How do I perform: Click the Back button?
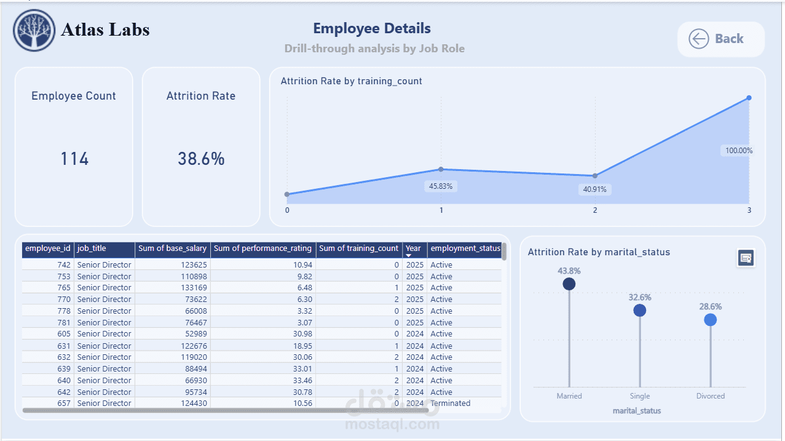point(721,39)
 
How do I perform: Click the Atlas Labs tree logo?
point(34,30)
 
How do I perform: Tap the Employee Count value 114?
point(74,159)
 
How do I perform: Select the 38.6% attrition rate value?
point(201,159)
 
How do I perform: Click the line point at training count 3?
point(749,98)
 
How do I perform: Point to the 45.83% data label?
point(441,186)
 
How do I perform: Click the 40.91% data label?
point(594,189)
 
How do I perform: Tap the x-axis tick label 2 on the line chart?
point(595,210)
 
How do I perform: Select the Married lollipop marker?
point(569,284)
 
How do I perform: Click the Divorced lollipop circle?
point(711,320)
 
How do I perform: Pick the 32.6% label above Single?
point(639,298)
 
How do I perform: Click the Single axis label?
point(639,396)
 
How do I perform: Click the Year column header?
point(413,248)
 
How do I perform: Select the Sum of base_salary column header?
point(172,248)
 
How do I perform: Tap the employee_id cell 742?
point(64,265)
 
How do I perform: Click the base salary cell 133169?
point(194,288)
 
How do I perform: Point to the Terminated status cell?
point(451,403)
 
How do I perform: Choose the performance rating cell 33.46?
point(302,381)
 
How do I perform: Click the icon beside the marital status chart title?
point(746,258)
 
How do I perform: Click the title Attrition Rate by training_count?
point(351,81)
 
